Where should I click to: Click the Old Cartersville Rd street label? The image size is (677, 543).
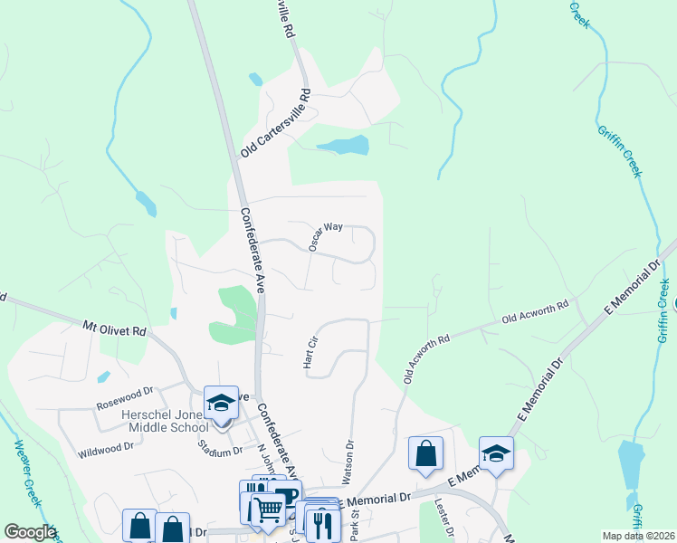(275, 124)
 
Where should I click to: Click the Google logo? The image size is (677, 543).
(30, 532)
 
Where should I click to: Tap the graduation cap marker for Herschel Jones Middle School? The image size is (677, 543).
(220, 403)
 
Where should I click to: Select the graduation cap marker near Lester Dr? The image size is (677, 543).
(496, 452)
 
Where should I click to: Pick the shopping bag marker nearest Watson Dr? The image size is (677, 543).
(425, 452)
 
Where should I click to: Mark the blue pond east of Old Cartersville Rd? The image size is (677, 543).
(343, 146)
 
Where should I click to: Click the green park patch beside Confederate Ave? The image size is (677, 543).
(234, 312)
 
